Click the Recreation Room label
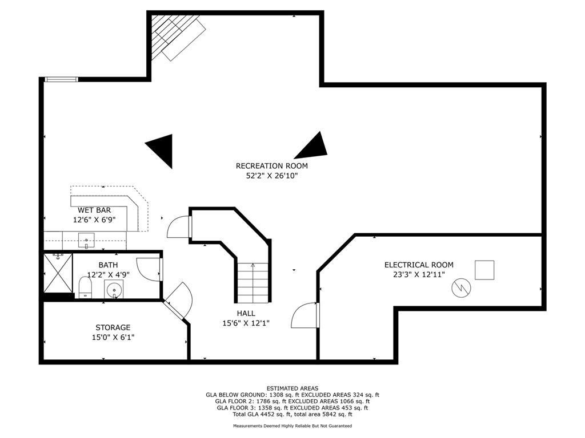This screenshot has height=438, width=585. coord(271,166)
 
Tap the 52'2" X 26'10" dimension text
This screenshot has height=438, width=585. coord(271,176)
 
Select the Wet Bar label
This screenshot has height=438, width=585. coord(94,210)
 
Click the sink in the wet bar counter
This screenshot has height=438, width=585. coord(86,241)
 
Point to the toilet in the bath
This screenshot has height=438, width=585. coord(86,287)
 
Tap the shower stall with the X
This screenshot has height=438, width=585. coord(58,273)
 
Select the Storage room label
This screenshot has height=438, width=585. coord(113,327)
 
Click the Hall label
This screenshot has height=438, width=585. coord(246,314)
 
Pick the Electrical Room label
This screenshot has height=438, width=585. coord(419,265)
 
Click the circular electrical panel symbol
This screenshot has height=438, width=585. coord(461,287)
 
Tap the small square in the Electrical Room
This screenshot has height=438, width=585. coord(484,270)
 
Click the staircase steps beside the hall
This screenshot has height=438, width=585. coord(253,282)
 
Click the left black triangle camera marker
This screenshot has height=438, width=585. coord(161,150)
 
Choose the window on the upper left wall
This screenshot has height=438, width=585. coord(61,79)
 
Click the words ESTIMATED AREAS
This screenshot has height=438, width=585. coord(292,388)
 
